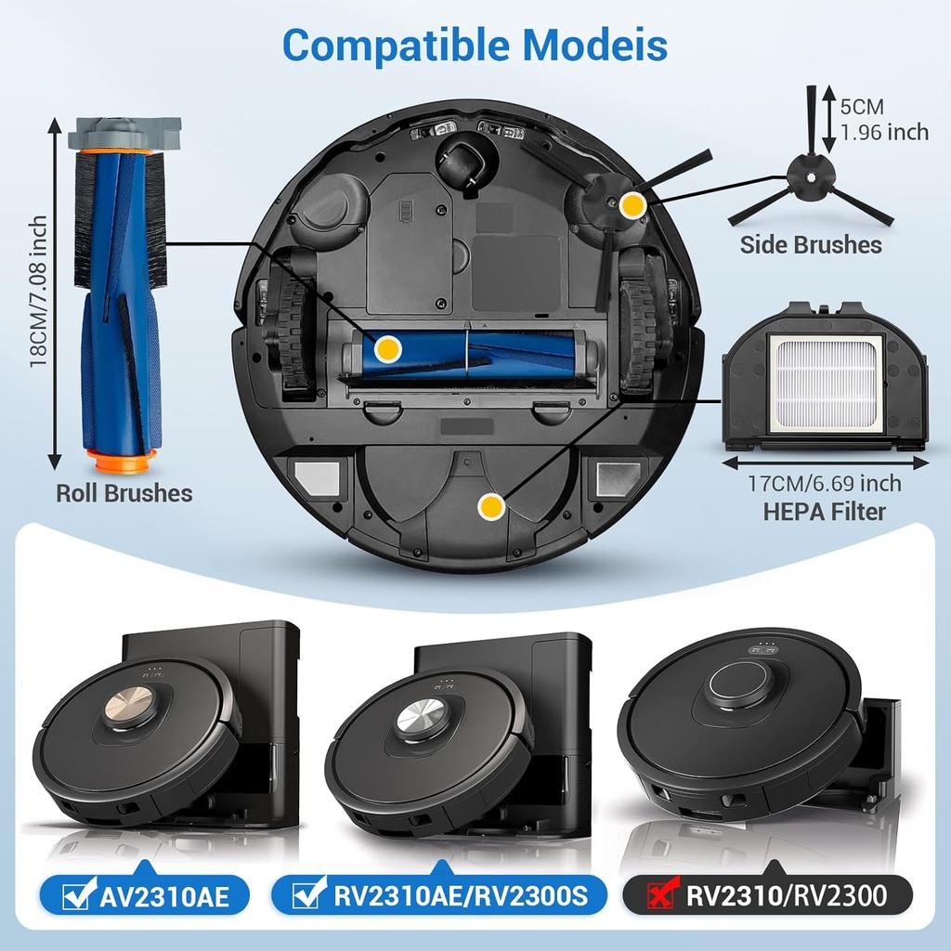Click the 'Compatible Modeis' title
pyautogui.click(x=475, y=44)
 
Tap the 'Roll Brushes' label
pyautogui.click(x=124, y=493)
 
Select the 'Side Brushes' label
pyautogui.click(x=811, y=245)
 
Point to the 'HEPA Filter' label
pyautogui.click(x=825, y=511)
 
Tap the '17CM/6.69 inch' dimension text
pyautogui.click(x=825, y=484)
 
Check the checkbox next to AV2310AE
pyautogui.click(x=75, y=896)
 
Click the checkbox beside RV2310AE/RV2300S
pyautogui.click(x=306, y=896)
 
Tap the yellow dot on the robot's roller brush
pyautogui.click(x=386, y=349)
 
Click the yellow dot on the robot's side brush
pyautogui.click(x=632, y=205)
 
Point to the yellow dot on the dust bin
pyautogui.click(x=490, y=506)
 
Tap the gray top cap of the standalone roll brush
pyautogui.click(x=124, y=133)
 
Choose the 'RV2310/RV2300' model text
pyautogui.click(x=787, y=896)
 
